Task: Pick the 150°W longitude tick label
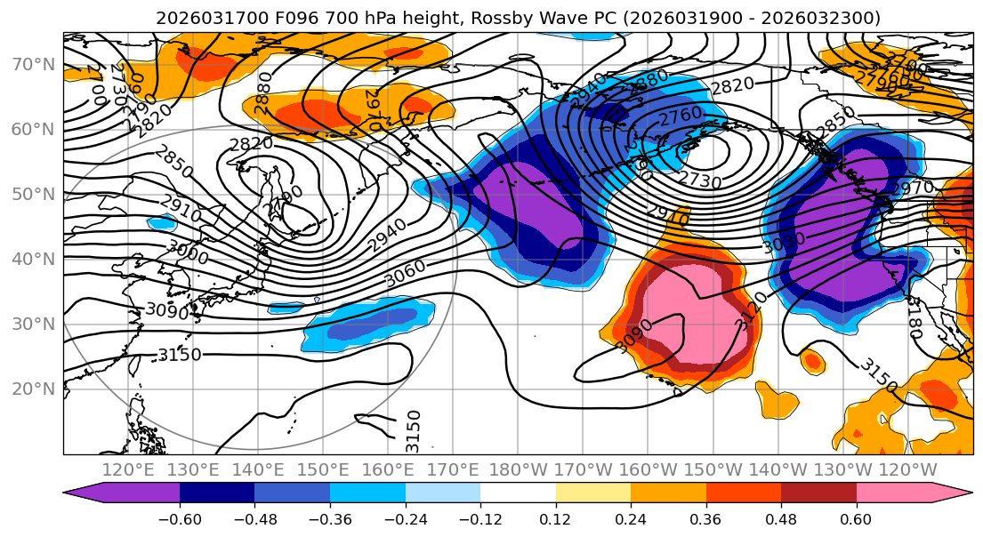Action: [x=712, y=469]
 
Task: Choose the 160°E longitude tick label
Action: [x=388, y=469]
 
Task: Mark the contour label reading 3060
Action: [x=405, y=273]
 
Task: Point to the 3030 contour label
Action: [x=784, y=239]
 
